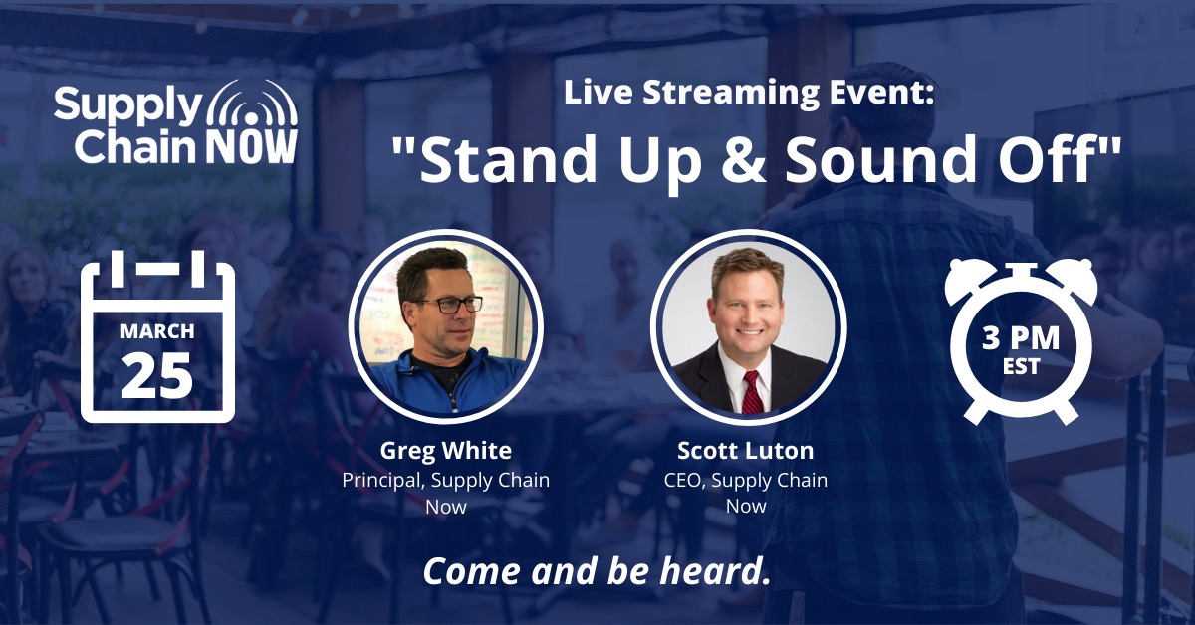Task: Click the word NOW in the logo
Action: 252,146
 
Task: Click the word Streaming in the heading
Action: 731,94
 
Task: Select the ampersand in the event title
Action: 743,158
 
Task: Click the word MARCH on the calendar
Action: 157,331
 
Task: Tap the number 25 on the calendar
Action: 157,375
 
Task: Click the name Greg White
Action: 446,451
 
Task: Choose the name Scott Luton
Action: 746,451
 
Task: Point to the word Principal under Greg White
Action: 383,480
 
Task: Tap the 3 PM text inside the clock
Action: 1021,338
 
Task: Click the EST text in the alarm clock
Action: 1021,367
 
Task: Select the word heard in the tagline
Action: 715,570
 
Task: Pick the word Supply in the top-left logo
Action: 128,105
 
